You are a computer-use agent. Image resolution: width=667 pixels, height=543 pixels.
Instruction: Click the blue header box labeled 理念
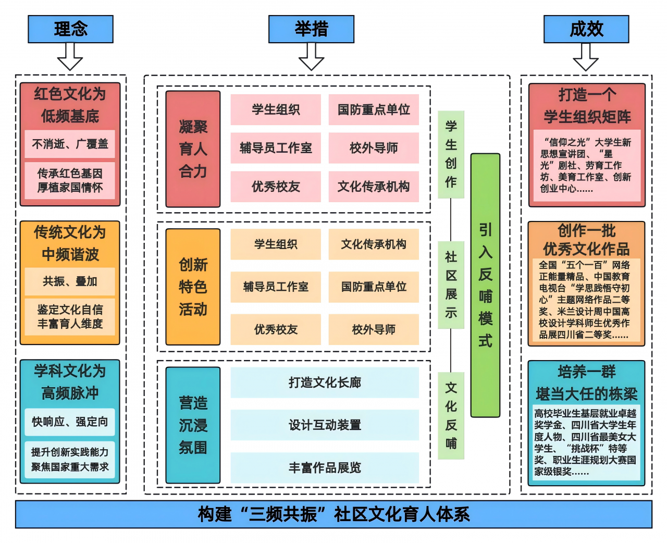[70, 29]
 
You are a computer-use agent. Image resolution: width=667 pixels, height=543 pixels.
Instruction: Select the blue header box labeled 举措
[311, 29]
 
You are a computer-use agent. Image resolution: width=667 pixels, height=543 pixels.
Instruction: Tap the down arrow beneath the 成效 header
[586, 57]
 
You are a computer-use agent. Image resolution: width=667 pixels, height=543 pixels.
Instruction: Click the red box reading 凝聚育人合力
[193, 149]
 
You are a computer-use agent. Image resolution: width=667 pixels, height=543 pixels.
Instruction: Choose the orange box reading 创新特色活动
[193, 287]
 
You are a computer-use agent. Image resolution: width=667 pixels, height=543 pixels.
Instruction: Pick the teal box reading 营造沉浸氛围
[193, 425]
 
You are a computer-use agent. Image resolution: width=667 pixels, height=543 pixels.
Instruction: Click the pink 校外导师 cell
[374, 148]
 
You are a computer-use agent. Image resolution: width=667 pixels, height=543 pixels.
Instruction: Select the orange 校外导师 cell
[374, 329]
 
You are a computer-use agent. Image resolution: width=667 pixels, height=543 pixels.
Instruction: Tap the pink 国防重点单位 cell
[374, 109]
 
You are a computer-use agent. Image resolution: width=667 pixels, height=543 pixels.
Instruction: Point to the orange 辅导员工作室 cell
[276, 287]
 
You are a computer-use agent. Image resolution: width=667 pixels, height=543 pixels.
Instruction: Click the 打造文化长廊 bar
[325, 382]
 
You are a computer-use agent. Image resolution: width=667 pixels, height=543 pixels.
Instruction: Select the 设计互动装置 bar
[325, 425]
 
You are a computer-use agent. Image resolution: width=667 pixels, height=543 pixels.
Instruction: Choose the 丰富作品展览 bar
[325, 467]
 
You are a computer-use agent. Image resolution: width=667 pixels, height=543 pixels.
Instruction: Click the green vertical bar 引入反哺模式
[485, 285]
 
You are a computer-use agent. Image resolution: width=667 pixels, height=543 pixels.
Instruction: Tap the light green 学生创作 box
[451, 154]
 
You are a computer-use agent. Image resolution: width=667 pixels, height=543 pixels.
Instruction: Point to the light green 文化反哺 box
[451, 415]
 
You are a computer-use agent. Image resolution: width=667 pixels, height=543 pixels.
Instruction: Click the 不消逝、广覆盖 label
[70, 144]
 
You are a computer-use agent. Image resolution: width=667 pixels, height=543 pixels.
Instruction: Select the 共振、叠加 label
[70, 281]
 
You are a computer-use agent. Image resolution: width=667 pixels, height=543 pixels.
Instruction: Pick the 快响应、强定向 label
[70, 422]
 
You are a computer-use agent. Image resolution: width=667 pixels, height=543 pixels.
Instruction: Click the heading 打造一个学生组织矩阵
[587, 106]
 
